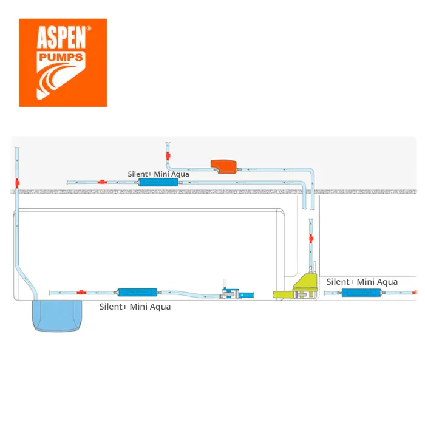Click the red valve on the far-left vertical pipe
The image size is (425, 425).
18,182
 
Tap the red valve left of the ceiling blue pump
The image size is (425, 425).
101,182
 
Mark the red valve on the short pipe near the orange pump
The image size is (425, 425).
168,157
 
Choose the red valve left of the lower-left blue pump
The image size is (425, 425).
81,292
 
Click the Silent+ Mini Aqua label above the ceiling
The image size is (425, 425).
158,174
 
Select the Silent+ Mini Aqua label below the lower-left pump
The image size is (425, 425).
135,307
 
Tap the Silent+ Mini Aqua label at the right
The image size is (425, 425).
362,282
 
